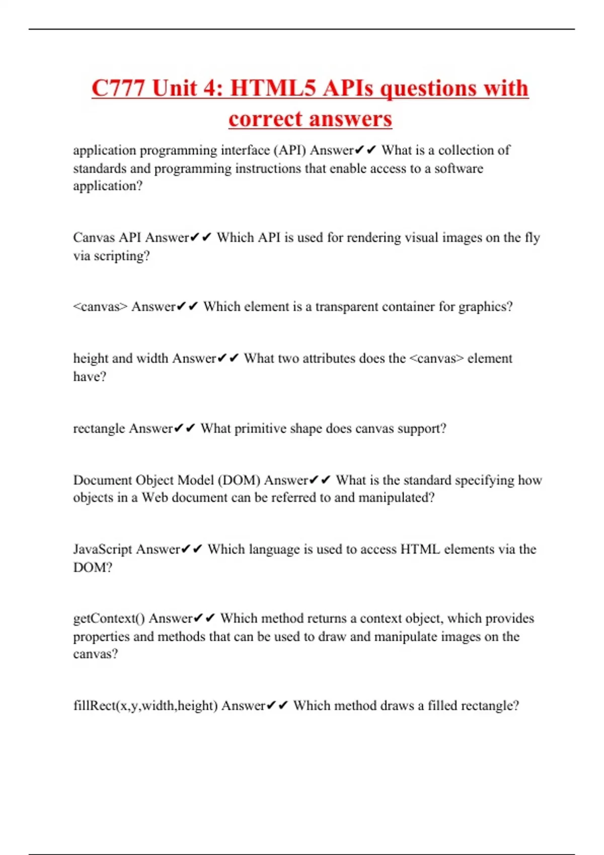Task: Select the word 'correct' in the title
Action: tap(264, 119)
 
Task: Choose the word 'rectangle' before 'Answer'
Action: tap(99, 429)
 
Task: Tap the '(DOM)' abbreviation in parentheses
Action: tap(239, 480)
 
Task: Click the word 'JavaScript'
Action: tap(103, 549)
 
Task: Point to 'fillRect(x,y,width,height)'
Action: tap(145, 706)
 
